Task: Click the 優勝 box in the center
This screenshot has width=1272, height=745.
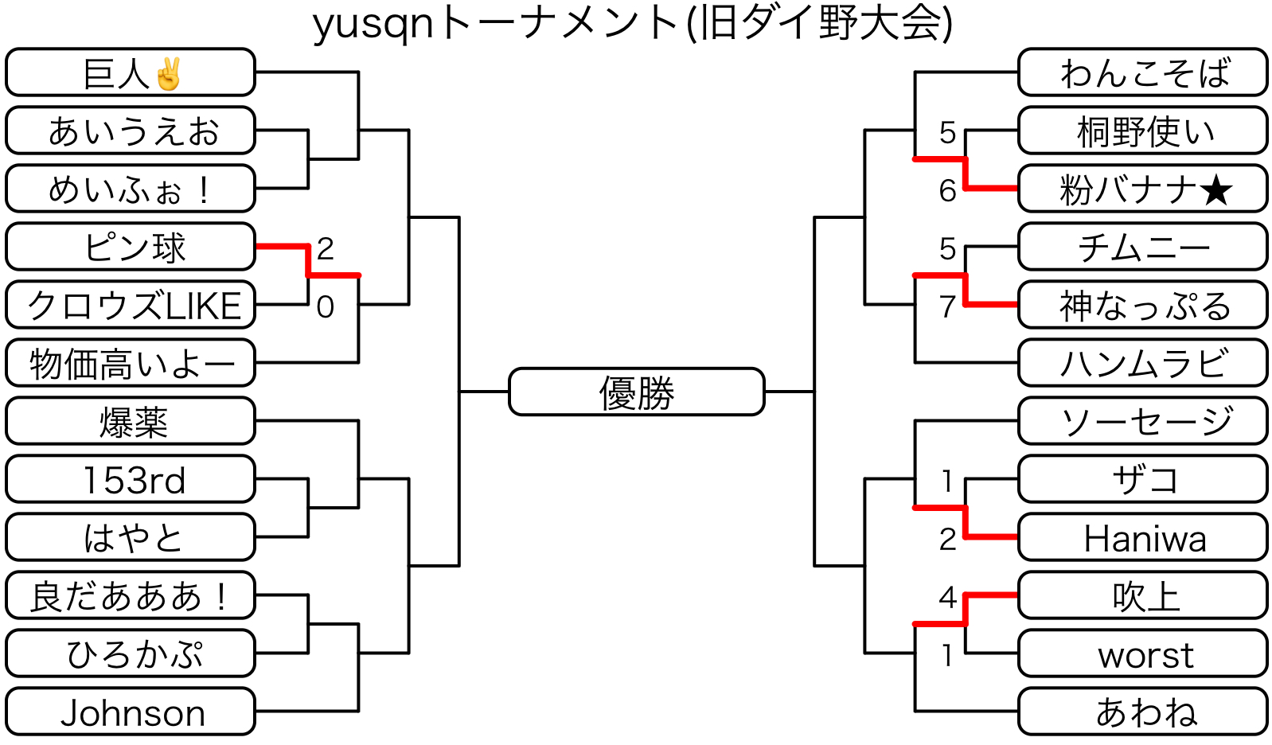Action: pos(636,392)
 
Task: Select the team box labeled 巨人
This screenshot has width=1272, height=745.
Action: pos(131,73)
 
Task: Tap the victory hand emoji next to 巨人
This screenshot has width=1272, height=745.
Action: pos(169,74)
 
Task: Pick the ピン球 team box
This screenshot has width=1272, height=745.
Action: pos(131,248)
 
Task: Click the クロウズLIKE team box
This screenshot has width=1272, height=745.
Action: pos(131,306)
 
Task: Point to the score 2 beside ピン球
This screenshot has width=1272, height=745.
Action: pos(325,249)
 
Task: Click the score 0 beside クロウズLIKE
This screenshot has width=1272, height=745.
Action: pos(325,306)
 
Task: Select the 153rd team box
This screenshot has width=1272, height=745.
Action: pos(131,480)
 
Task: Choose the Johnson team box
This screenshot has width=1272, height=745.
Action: pos(131,712)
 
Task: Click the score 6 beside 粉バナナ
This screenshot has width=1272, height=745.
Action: pos(947,191)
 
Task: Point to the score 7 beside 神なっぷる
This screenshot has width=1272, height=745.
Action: pos(947,306)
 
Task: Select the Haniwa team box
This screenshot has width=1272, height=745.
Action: pos(1143,538)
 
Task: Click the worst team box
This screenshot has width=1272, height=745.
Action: pos(1143,654)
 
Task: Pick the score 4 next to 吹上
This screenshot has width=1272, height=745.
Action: pos(947,597)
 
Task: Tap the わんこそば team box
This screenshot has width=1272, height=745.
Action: pos(1143,73)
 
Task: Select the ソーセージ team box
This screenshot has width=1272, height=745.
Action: pos(1143,422)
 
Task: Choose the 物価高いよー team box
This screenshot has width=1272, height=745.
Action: pos(131,364)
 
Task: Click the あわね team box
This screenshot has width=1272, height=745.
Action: pos(1143,712)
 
